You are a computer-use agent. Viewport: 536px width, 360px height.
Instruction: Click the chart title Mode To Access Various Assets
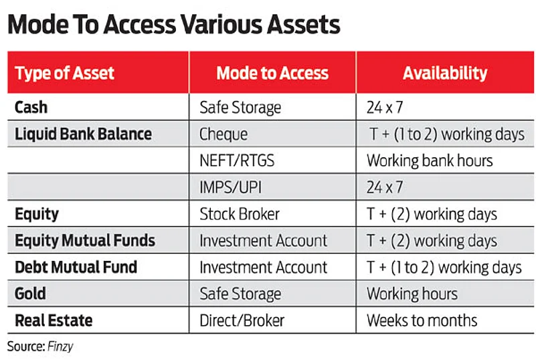click(x=174, y=25)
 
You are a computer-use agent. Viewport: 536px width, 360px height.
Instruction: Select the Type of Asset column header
click(x=65, y=73)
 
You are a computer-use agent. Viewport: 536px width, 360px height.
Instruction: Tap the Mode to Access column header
click(x=272, y=73)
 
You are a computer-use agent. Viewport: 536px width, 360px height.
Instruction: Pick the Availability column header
click(x=445, y=73)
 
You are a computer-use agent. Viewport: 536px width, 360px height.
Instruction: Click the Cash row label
click(x=31, y=107)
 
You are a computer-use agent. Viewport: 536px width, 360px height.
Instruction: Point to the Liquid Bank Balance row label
click(x=84, y=134)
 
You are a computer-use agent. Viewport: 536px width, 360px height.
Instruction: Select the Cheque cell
click(x=224, y=134)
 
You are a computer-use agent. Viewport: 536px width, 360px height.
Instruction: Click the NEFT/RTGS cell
click(x=237, y=161)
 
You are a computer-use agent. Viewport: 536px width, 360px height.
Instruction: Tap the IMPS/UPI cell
click(x=231, y=187)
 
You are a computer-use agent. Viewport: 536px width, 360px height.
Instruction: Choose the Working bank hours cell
click(x=430, y=161)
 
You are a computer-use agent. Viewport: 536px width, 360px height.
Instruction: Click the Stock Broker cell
click(x=240, y=214)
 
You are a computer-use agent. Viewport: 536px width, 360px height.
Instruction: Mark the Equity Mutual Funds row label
click(x=85, y=240)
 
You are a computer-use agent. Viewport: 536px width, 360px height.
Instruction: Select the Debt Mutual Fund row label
click(x=76, y=267)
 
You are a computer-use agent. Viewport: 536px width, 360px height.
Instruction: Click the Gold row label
click(x=30, y=294)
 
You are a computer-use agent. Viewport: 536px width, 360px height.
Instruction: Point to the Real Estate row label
click(x=54, y=321)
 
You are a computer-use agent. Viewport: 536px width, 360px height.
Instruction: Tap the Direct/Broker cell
click(x=242, y=321)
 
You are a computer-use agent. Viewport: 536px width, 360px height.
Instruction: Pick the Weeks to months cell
click(x=422, y=321)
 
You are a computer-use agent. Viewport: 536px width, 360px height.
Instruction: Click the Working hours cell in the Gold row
click(x=412, y=294)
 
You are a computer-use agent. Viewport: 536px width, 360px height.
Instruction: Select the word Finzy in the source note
click(x=60, y=347)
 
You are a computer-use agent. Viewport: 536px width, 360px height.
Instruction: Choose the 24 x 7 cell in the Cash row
click(x=385, y=107)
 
